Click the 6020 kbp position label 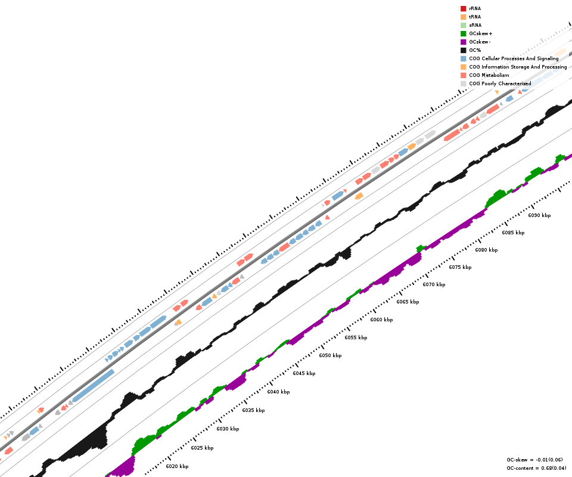pos(177,466)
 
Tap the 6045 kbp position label pos(304,373)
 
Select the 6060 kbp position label pos(381,320)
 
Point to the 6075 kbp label pos(460,267)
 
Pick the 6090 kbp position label pos(539,215)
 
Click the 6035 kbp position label pos(253,410)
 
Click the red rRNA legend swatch pos(463,8)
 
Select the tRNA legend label pos(475,17)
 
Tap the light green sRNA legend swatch pos(463,25)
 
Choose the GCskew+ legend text pos(480,33)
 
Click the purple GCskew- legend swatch pos(463,42)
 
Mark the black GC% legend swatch pos(463,50)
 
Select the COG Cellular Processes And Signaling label pos(514,58)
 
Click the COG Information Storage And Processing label pos(518,67)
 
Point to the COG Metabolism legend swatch pos(463,75)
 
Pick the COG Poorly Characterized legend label pos(500,83)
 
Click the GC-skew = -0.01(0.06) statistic pos(534,460)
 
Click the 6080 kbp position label pos(486,250)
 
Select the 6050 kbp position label pos(330,355)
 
